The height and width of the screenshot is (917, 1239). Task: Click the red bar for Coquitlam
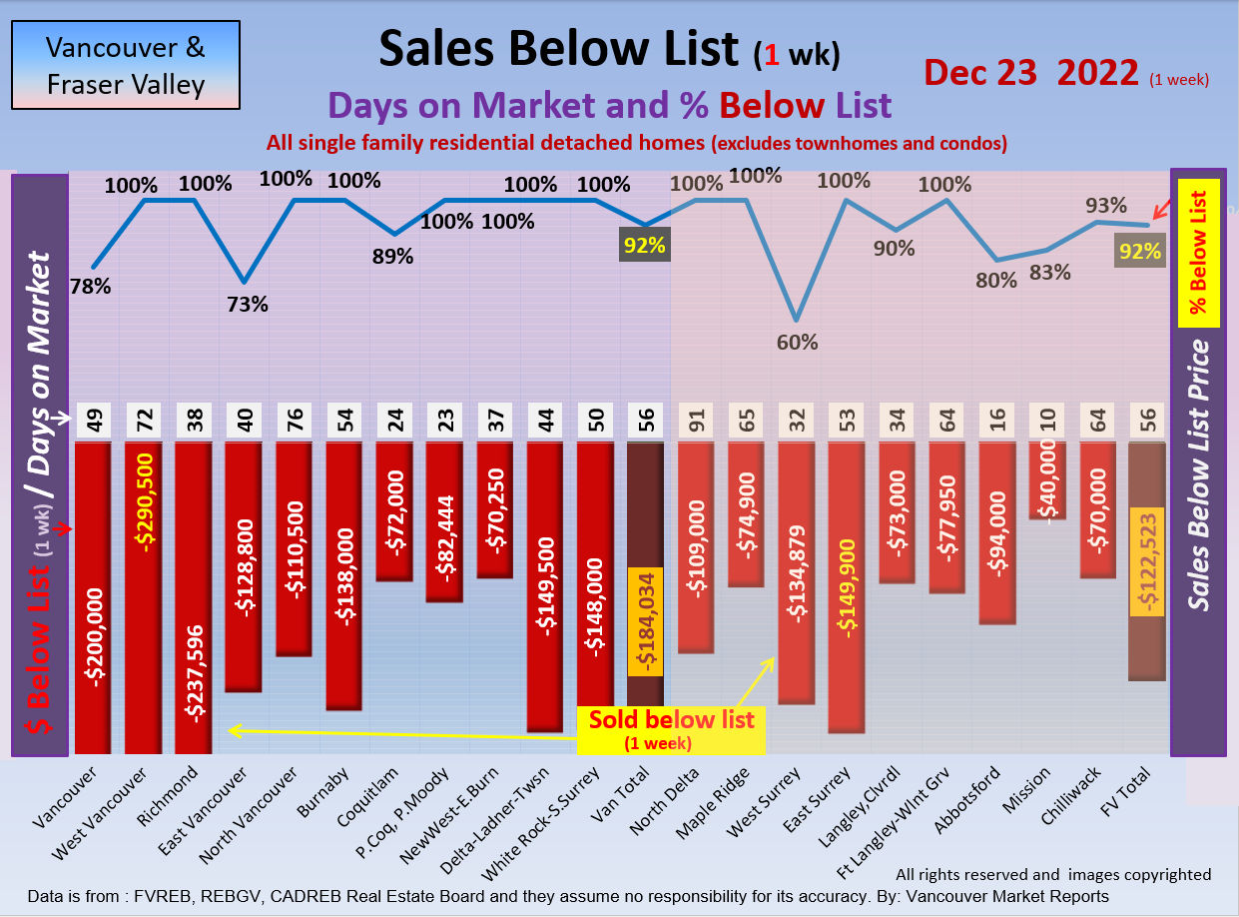click(394, 510)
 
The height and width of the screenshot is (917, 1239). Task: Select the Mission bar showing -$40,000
click(1046, 480)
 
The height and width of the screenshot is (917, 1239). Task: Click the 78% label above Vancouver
click(91, 287)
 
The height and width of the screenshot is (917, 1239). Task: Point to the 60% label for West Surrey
click(797, 343)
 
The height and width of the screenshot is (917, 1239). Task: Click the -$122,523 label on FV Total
click(1147, 562)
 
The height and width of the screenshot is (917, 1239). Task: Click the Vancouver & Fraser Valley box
click(126, 65)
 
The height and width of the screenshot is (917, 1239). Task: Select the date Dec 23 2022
click(1031, 73)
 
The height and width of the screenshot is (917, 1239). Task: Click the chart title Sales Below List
click(560, 48)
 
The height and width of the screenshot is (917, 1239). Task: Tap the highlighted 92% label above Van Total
click(644, 245)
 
